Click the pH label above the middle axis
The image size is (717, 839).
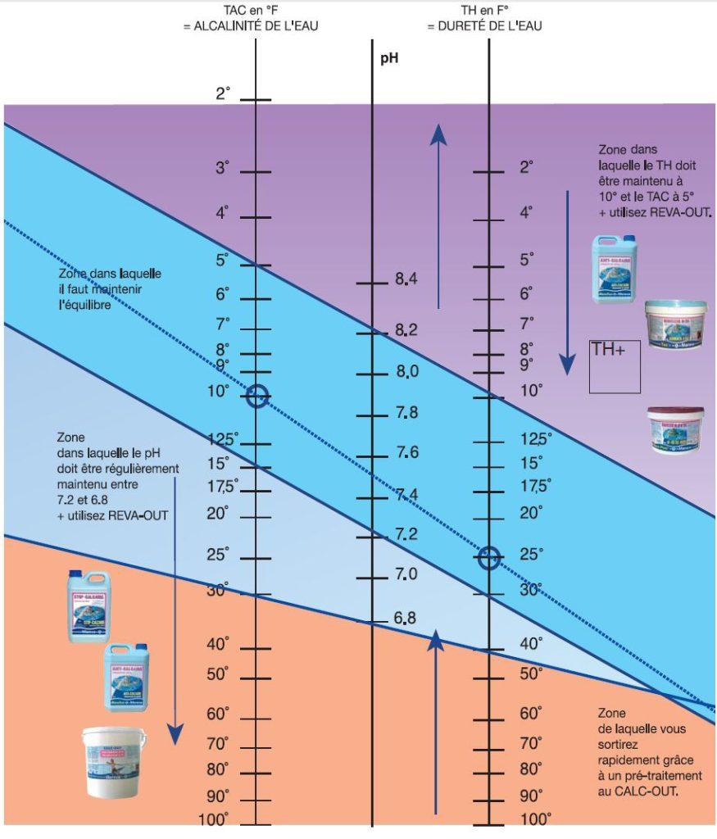pyautogui.click(x=389, y=59)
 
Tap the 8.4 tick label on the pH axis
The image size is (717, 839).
pyautogui.click(x=406, y=279)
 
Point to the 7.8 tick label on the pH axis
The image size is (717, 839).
pyautogui.click(x=406, y=413)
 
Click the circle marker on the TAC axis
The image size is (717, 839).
pyautogui.click(x=257, y=396)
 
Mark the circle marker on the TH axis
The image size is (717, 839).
pyautogui.click(x=489, y=559)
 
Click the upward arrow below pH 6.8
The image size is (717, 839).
pyautogui.click(x=435, y=721)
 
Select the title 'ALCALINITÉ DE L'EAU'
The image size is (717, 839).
pyautogui.click(x=251, y=26)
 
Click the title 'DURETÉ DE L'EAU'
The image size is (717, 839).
pyautogui.click(x=484, y=26)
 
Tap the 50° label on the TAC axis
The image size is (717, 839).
pyautogui.click(x=217, y=674)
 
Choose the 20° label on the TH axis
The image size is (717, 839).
pyautogui.click(x=531, y=513)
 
